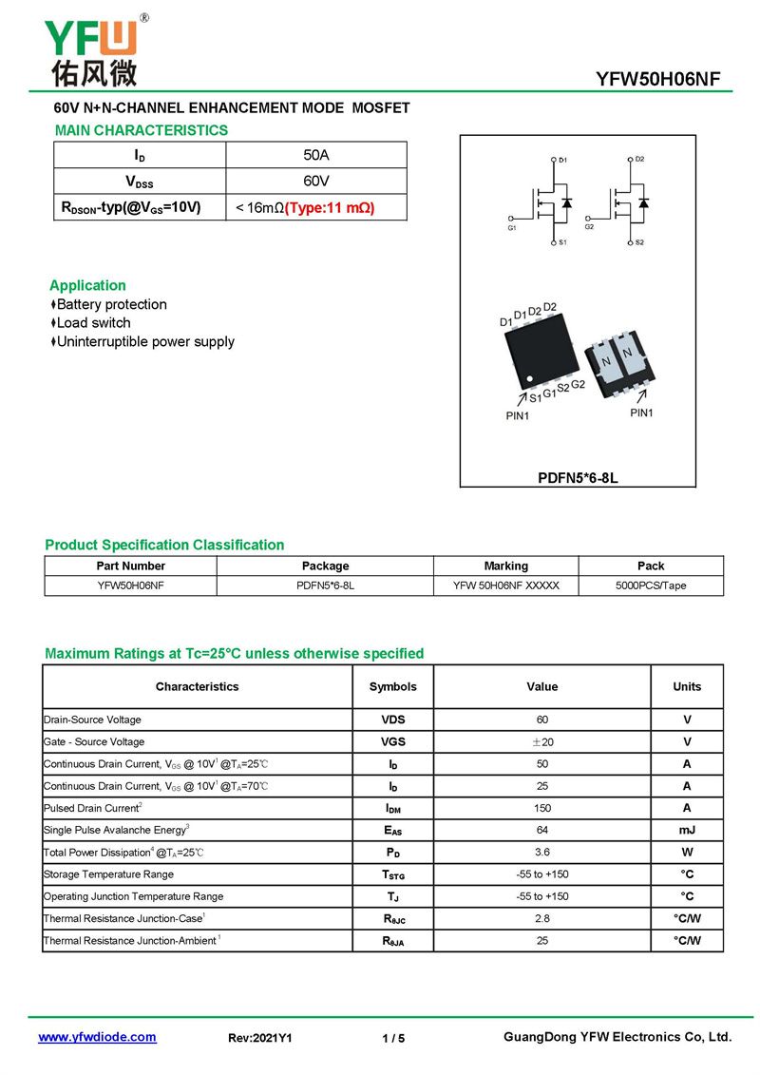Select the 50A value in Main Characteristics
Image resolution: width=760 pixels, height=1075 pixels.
point(315,155)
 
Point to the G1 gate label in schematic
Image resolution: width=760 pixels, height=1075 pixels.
point(512,227)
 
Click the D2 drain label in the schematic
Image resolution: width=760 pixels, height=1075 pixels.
point(639,159)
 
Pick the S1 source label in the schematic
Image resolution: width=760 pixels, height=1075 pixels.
point(562,242)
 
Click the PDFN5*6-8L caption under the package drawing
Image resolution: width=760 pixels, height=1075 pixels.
point(578,478)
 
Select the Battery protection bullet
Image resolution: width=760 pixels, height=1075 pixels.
point(111,304)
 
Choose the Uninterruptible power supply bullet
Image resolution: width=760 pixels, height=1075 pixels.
point(145,341)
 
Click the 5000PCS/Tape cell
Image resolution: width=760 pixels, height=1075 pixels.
point(651,585)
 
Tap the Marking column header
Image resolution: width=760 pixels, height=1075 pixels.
point(505,566)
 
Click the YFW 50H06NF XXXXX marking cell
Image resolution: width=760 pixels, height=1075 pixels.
point(505,585)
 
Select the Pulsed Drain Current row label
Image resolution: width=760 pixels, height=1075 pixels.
point(92,808)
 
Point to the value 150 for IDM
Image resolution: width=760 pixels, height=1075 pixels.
point(542,808)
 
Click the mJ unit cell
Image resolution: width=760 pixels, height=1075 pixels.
point(687,830)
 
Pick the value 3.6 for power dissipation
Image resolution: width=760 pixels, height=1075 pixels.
point(542,853)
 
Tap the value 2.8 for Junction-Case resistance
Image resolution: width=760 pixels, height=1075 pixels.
point(542,919)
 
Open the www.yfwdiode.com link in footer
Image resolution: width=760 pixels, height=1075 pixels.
point(97,1037)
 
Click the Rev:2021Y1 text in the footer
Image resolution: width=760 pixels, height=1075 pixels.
point(260,1038)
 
